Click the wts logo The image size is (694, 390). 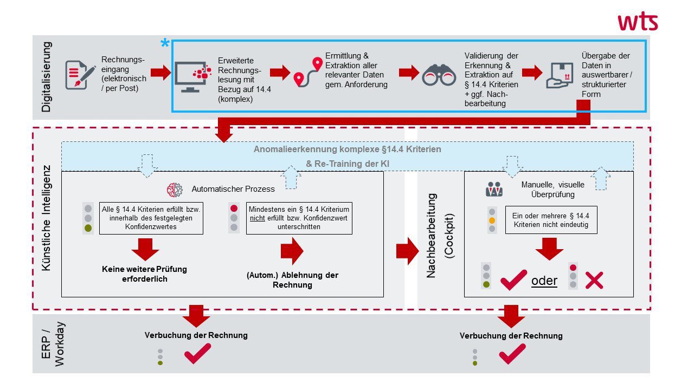[638, 22]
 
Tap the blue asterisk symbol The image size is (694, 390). [165, 43]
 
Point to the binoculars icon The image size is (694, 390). [439, 75]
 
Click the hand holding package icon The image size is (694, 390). [560, 75]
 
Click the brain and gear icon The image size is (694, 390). [175, 190]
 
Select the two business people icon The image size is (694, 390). [494, 189]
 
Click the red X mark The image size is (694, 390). [594, 281]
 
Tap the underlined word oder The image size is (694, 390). [544, 281]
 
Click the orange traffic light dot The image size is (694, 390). [492, 220]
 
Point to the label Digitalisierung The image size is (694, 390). [46, 77]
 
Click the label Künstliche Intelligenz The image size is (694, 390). [46, 218]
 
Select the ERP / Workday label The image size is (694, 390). [53, 344]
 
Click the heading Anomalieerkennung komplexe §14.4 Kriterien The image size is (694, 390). [348, 149]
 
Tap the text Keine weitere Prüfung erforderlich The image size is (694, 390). [144, 274]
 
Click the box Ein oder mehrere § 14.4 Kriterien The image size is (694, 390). [551, 220]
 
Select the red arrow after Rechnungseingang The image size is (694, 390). [160, 73]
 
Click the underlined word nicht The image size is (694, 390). [257, 218]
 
